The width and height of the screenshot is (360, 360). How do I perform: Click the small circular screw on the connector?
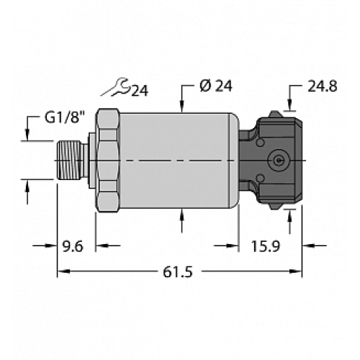276,158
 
